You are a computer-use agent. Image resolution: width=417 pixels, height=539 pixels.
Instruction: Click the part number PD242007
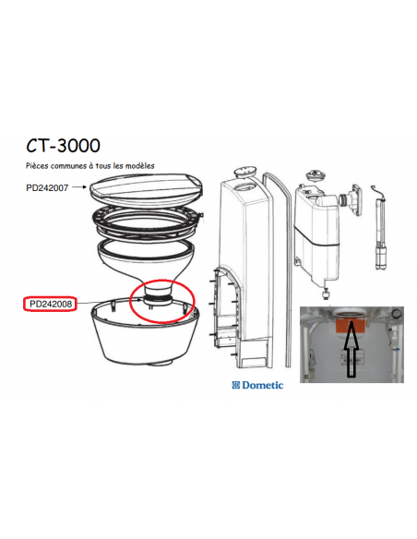click(48, 187)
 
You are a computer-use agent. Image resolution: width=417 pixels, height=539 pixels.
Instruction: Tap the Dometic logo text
click(263, 385)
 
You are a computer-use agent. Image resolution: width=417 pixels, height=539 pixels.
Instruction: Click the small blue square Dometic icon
click(235, 385)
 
